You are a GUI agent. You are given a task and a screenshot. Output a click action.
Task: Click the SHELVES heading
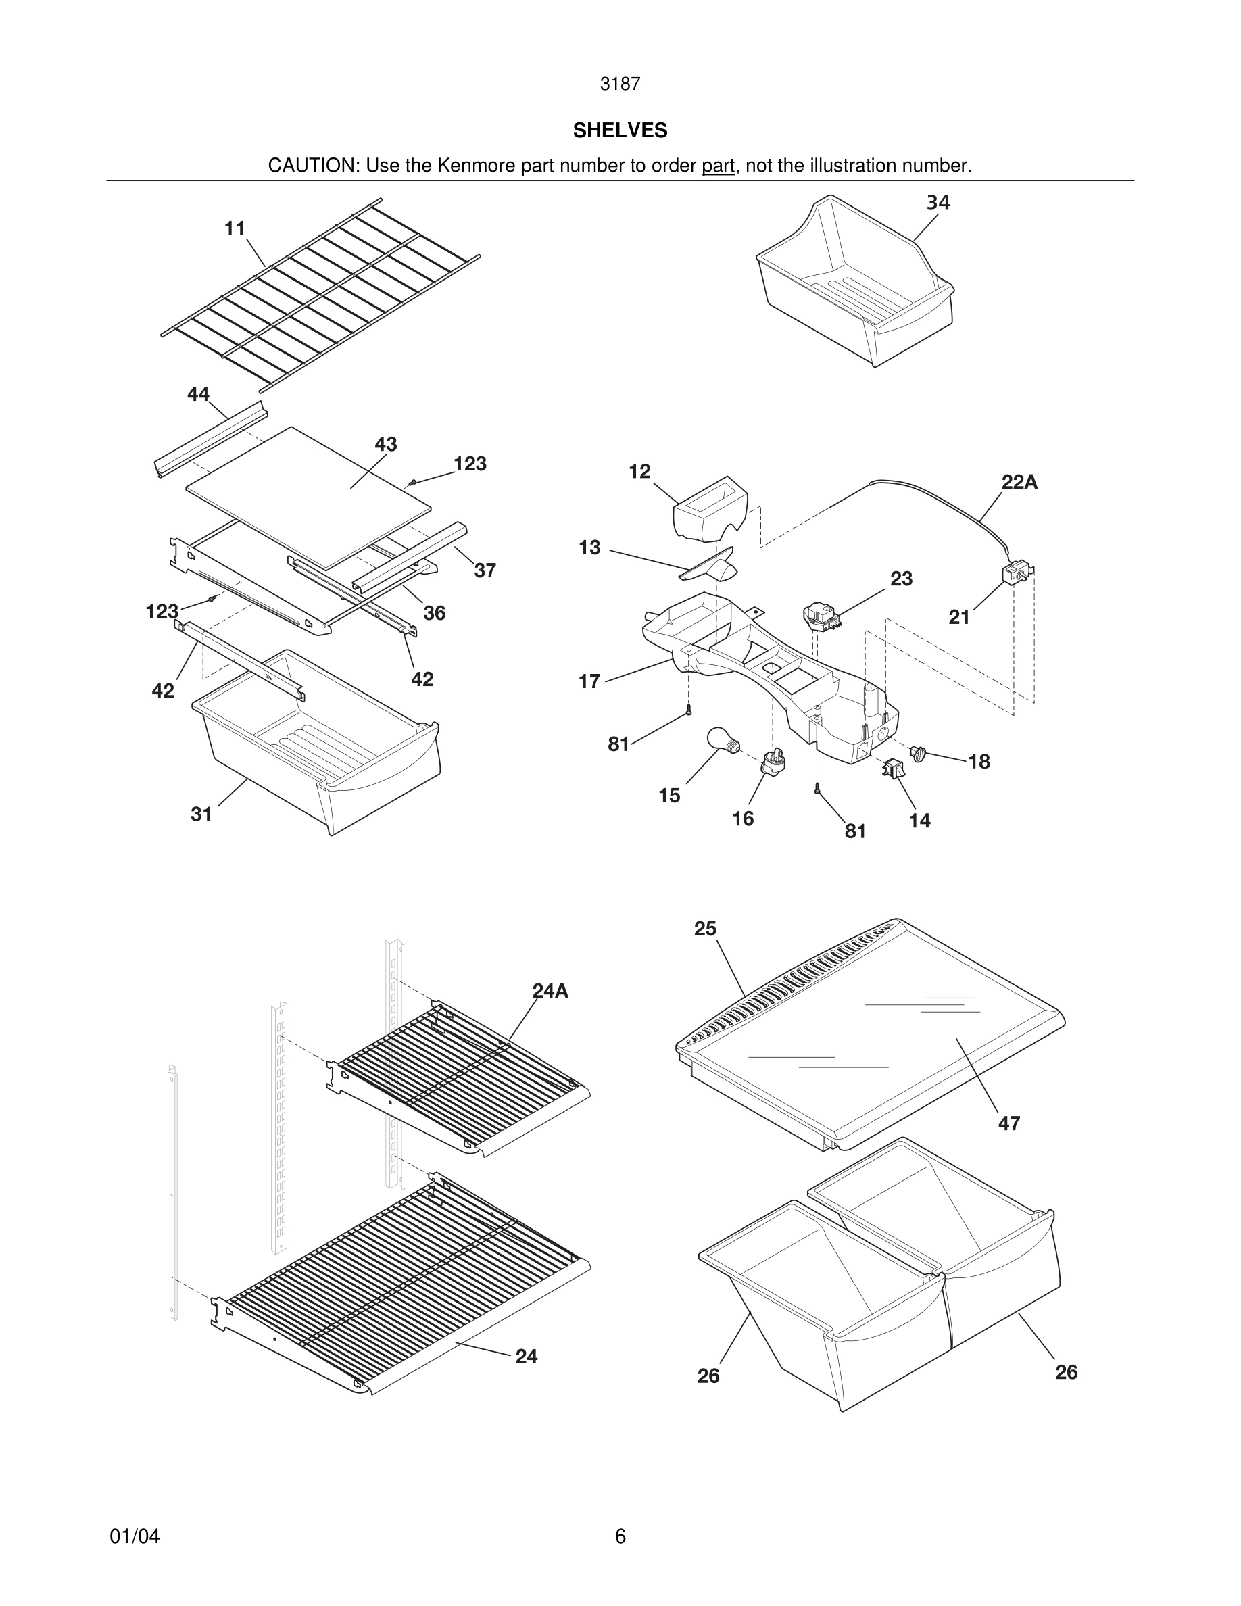tap(620, 130)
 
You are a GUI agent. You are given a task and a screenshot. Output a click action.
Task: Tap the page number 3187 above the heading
tap(620, 84)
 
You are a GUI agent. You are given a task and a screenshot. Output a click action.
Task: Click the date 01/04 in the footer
tap(135, 1536)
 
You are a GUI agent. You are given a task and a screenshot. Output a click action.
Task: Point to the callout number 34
tap(938, 202)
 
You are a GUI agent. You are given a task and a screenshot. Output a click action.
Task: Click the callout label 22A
tap(1019, 483)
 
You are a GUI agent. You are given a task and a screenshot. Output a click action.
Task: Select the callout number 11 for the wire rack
tap(235, 228)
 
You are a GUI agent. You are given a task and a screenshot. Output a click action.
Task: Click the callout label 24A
tap(550, 992)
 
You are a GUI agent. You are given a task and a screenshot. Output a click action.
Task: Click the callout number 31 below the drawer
tap(201, 814)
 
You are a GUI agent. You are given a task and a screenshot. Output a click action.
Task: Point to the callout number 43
tap(385, 444)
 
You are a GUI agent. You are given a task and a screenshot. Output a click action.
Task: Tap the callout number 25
tap(704, 929)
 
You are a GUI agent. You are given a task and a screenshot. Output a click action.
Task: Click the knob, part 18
tap(917, 752)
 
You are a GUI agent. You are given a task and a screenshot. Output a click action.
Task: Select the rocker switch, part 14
tap(892, 769)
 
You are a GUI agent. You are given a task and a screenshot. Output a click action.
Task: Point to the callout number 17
tap(589, 681)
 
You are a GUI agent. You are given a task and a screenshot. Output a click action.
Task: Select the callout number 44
tap(198, 394)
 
